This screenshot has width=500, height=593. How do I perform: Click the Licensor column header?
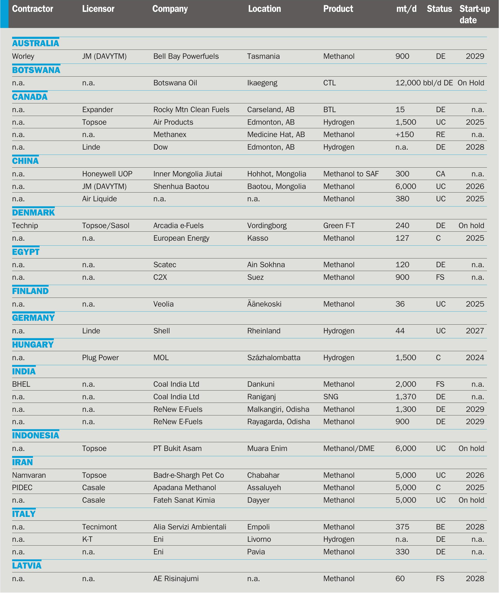(98, 9)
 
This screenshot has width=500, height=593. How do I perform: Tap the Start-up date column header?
(474, 14)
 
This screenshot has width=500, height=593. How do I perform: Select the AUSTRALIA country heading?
(35, 43)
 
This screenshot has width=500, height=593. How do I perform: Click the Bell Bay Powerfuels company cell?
(186, 56)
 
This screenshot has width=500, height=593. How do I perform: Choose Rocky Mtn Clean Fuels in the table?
(191, 110)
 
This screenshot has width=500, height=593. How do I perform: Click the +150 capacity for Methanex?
(404, 135)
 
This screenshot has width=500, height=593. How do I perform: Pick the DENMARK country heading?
(33, 212)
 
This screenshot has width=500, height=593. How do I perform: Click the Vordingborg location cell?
(267, 225)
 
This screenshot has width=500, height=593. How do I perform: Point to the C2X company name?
(160, 277)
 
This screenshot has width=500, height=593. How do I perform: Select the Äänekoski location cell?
(264, 304)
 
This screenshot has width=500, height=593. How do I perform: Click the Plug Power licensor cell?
(100, 358)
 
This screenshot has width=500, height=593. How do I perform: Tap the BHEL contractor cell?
(21, 384)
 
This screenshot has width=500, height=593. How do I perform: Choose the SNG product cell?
(331, 397)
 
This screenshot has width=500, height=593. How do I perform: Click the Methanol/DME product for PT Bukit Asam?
(349, 449)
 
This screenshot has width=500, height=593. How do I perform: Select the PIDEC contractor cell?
(22, 487)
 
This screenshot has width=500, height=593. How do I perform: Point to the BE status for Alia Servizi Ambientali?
(440, 527)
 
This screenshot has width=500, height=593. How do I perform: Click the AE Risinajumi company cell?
(176, 579)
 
